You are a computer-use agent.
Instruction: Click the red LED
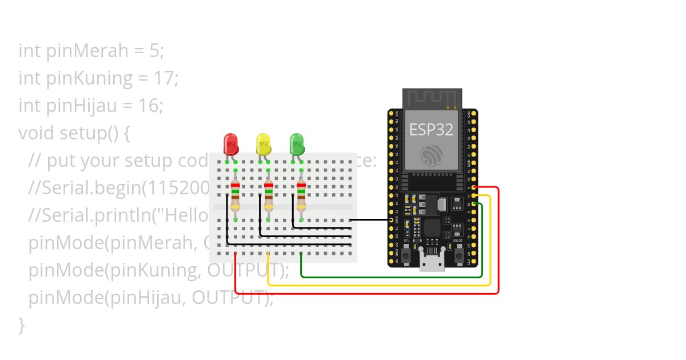click(231, 144)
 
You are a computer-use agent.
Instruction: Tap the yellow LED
click(263, 144)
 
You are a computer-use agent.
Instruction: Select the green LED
click(296, 144)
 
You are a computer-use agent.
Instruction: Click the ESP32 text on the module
click(431, 130)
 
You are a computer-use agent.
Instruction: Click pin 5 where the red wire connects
click(473, 187)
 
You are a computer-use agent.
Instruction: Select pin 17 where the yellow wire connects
click(473, 196)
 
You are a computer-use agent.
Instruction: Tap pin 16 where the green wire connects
click(473, 204)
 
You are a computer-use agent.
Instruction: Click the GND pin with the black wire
click(392, 220)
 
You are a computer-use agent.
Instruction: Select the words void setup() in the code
click(75, 133)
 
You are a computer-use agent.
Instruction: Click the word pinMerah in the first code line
click(87, 51)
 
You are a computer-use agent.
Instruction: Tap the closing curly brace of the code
click(22, 325)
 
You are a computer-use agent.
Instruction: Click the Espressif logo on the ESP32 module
click(431, 155)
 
